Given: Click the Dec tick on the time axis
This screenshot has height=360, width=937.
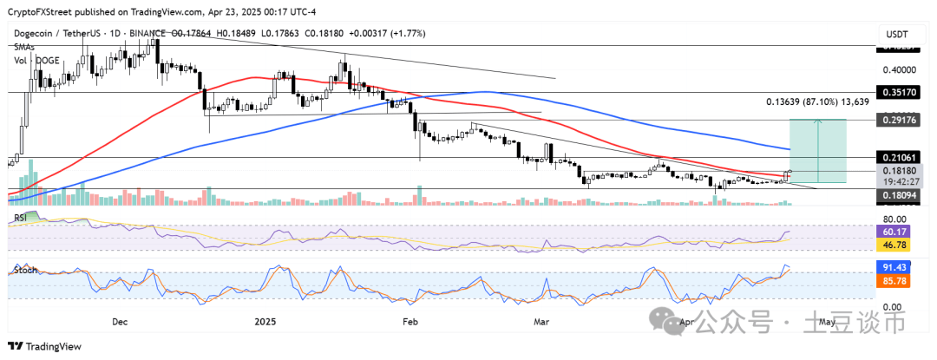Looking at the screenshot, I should tap(120, 321).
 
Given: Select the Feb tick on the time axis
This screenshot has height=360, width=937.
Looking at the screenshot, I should tap(410, 321).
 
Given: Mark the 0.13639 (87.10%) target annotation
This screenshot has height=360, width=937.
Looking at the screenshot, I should tap(816, 101).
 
